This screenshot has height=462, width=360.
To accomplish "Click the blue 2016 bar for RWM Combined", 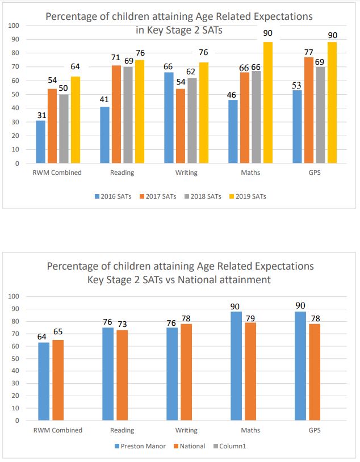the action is click(41, 142).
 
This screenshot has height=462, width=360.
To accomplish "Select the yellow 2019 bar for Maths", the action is click(267, 103).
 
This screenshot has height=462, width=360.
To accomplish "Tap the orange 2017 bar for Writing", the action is click(181, 126).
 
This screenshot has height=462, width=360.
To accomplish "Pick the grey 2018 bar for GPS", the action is click(320, 115).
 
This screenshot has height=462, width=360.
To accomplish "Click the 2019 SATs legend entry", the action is click(248, 196).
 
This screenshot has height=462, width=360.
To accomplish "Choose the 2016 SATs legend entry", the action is click(113, 196).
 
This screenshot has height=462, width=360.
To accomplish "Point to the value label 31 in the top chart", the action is click(41, 115).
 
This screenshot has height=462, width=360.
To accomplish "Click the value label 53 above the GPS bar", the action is click(296, 85).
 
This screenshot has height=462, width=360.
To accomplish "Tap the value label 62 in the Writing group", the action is click(191, 72).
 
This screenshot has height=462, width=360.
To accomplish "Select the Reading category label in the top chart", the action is click(122, 173).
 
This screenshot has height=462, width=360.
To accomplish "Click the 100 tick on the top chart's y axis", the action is click(14, 26).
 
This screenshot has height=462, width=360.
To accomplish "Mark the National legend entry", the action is click(189, 446).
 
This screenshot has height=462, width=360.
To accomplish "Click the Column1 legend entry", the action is click(229, 446).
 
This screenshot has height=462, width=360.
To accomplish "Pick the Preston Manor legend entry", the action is click(140, 446).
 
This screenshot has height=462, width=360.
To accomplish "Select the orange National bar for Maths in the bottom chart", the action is click(250, 371).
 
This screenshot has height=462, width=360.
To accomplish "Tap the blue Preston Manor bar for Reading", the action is click(108, 374).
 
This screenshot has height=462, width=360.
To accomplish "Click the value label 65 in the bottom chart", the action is click(58, 332).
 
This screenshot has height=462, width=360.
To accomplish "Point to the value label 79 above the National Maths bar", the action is click(250, 318).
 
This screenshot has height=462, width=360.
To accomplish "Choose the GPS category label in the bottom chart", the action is click(315, 430).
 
